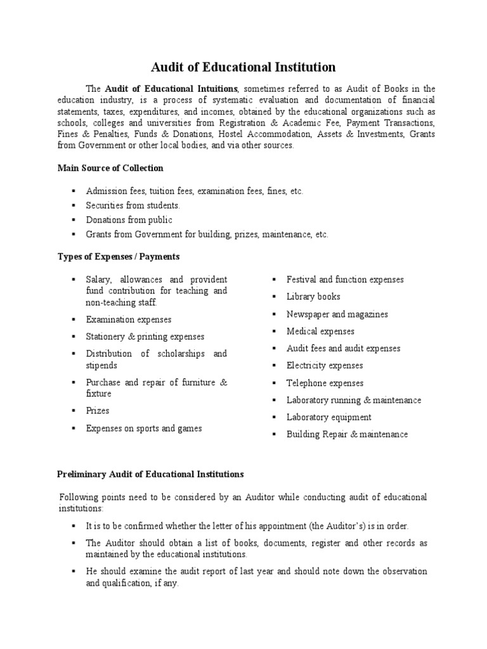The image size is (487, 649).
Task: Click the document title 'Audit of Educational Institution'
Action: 243,67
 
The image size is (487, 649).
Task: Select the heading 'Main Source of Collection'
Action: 110,168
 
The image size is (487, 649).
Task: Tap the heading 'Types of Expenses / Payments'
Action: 119,257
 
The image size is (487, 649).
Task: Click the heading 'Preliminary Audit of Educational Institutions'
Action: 150,474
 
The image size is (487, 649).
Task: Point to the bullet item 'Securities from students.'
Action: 133,205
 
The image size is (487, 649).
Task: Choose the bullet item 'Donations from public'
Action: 129,220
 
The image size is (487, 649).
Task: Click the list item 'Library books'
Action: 313,297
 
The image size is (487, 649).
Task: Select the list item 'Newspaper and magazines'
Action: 337,314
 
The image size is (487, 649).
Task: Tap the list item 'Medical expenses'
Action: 320,331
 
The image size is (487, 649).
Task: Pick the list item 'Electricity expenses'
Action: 325,366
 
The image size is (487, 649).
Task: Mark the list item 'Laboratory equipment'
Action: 328,418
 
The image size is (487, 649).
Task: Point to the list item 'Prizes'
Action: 98,411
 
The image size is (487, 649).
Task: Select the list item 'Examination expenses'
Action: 129,320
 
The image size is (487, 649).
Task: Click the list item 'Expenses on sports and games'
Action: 144,428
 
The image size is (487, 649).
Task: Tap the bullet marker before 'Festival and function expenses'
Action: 274,280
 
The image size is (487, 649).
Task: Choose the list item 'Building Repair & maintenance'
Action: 347,435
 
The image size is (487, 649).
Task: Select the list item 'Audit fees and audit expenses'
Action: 343,349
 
